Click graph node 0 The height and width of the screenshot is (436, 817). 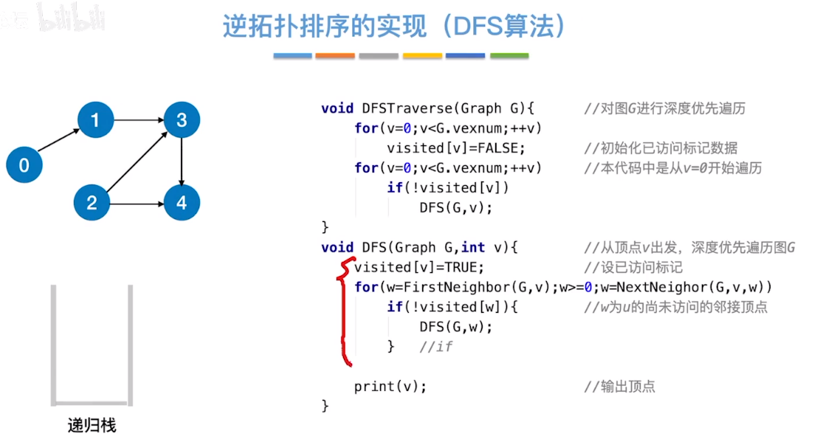pyautogui.click(x=24, y=165)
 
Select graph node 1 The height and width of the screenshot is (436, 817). pyautogui.click(x=95, y=118)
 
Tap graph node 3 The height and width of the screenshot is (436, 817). pyautogui.click(x=182, y=120)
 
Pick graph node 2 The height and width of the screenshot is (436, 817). pyautogui.click(x=92, y=202)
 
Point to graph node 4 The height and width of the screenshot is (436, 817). pyautogui.click(x=182, y=203)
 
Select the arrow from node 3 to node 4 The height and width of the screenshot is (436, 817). pyautogui.click(x=182, y=161)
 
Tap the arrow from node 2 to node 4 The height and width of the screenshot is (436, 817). pyautogui.click(x=137, y=203)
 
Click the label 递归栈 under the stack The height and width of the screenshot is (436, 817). pyautogui.click(x=92, y=426)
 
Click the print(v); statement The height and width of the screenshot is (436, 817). pyautogui.click(x=390, y=386)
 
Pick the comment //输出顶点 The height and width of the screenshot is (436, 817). pyautogui.click(x=619, y=386)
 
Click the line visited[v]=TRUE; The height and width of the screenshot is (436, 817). pyautogui.click(x=418, y=267)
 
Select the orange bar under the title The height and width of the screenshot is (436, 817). pyautogui.click(x=334, y=55)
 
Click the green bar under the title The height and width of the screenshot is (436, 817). pyautogui.click(x=509, y=55)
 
